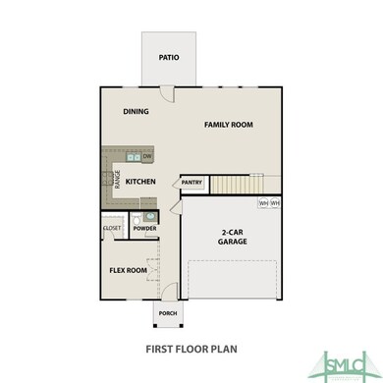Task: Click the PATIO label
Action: click(169, 57)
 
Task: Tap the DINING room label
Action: click(137, 111)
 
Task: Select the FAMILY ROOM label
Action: click(228, 125)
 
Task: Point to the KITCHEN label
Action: click(142, 182)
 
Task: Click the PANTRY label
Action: click(191, 183)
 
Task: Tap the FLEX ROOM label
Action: click(129, 270)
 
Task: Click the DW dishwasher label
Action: click(146, 157)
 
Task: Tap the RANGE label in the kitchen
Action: click(118, 179)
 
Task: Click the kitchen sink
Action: click(133, 157)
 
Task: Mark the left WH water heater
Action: click(262, 203)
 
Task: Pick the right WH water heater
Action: click(275, 203)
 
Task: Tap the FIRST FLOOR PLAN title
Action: click(191, 347)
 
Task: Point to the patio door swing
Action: click(167, 93)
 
